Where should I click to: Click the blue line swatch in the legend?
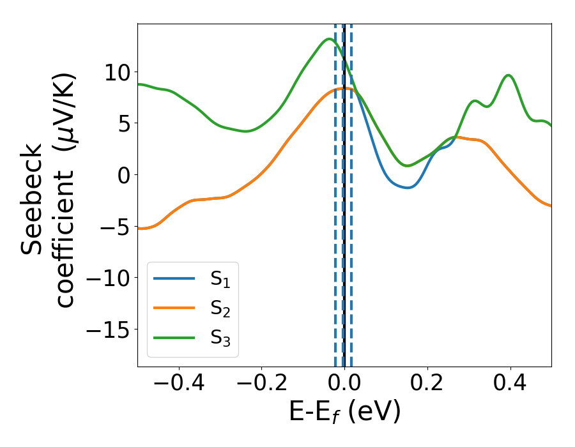tap(173, 278)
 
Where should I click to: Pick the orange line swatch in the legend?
tap(173, 308)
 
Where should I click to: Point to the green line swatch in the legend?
tap(173, 338)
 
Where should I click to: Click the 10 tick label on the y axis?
tap(118, 72)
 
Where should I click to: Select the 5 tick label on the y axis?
tap(124, 123)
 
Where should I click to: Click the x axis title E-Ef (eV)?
tap(344, 413)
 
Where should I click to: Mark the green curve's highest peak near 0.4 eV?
tap(509, 75)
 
